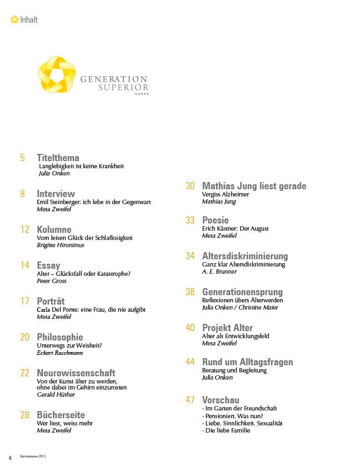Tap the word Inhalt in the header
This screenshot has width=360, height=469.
tap(29, 20)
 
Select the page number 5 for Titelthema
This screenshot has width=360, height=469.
tap(23, 158)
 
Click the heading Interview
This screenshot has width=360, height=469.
tap(56, 194)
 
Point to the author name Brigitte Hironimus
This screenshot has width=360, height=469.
tap(60, 245)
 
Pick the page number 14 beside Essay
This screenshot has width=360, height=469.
tap(24, 265)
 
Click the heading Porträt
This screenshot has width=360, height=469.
tap(51, 301)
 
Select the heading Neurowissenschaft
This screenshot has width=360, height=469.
tap(76, 372)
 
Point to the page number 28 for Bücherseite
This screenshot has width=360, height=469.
tap(24, 415)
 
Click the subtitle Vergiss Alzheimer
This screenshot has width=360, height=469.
tap(226, 194)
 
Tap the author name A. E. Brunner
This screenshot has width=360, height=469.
tap(219, 271)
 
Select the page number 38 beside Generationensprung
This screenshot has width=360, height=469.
tap(190, 292)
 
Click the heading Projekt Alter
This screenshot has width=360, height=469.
tap(227, 328)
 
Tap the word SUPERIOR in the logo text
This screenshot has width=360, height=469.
tap(123, 87)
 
